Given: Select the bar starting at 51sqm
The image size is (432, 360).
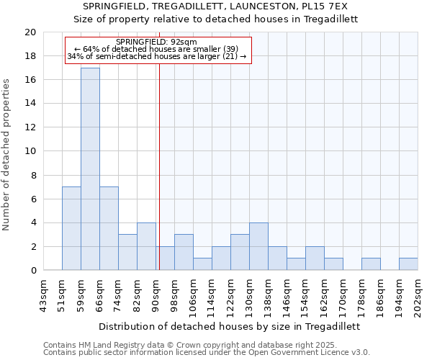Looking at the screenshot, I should click(71, 228).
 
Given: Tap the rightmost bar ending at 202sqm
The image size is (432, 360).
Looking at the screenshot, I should click(408, 264).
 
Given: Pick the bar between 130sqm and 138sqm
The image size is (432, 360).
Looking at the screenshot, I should click(258, 246).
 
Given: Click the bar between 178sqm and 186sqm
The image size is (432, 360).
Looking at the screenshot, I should click(371, 264).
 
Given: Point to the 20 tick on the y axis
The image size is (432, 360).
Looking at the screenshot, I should click(30, 32).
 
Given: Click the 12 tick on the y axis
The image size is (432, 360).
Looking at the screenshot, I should click(30, 127).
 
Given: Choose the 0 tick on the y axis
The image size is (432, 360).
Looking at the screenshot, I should click(33, 271).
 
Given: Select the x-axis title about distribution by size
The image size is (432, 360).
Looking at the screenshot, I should click(229, 326).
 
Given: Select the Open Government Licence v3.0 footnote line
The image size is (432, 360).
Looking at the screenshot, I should click(206, 352).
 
